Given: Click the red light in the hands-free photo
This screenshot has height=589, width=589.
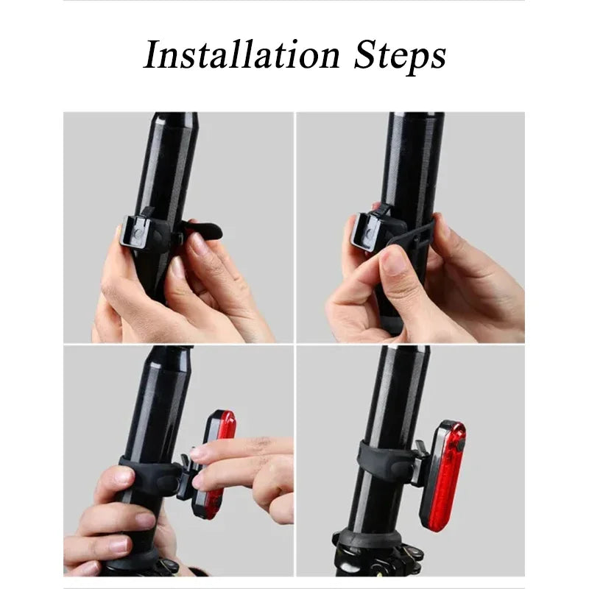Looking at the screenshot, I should pos(448,475).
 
